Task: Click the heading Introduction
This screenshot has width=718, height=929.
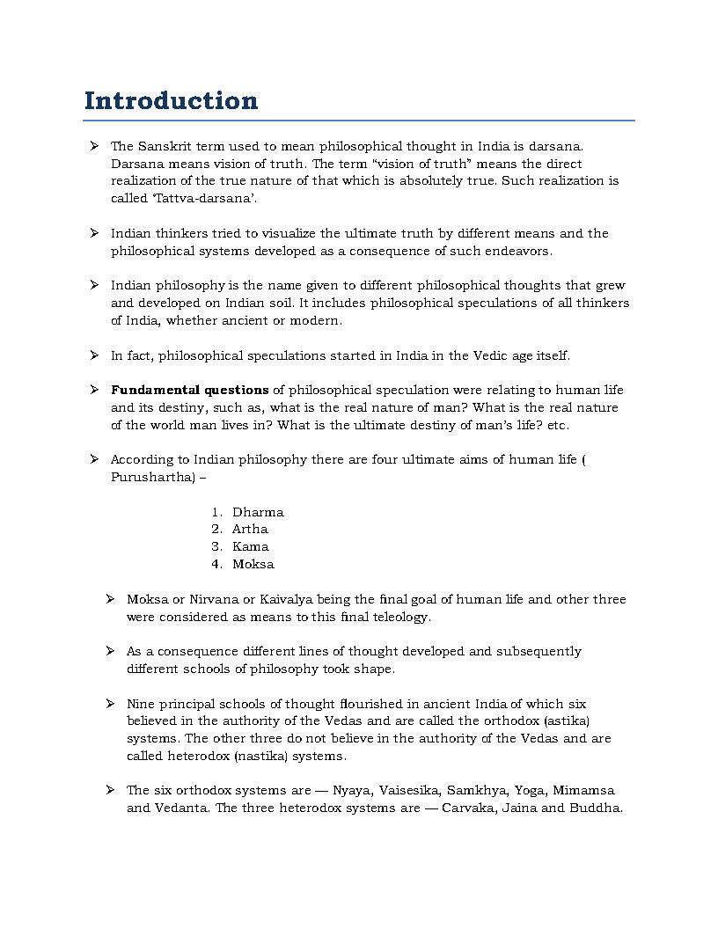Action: [171, 100]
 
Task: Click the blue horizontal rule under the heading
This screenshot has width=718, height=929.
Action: [359, 121]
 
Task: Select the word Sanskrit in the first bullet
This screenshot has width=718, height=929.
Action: [164, 146]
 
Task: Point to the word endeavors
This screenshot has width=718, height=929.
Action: [519, 251]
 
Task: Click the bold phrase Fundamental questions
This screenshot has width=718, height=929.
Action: [189, 390]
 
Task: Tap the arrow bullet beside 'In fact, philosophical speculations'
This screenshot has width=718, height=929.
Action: [93, 355]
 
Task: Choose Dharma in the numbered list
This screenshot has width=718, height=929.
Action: [258, 512]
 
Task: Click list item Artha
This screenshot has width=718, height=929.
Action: [250, 529]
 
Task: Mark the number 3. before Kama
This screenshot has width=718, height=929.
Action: [216, 546]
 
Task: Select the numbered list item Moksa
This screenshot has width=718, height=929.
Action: [253, 564]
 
